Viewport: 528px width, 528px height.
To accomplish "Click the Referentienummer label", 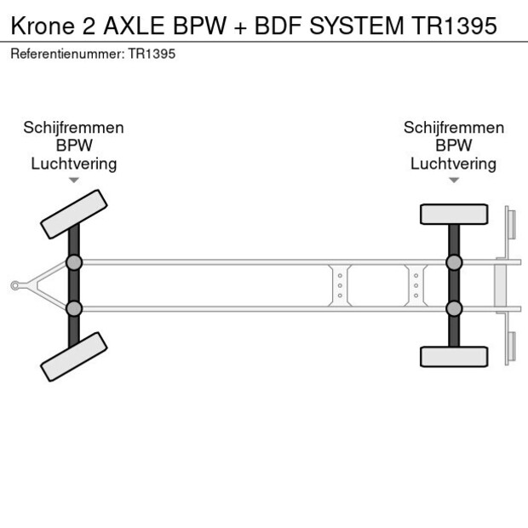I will (x=67, y=55).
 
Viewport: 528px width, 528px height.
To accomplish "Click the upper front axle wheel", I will (x=74, y=214).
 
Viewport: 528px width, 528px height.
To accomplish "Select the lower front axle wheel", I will (x=74, y=356).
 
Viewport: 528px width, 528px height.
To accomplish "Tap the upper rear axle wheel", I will (x=454, y=214).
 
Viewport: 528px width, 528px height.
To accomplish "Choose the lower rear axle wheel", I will (x=454, y=356).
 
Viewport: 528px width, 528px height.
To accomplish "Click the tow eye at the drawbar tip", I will (x=14, y=285).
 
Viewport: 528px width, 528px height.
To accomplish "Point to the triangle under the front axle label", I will (x=74, y=180).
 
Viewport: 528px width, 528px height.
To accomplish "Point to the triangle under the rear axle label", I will (x=454, y=180).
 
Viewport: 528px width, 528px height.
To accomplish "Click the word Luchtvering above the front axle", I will (x=74, y=164).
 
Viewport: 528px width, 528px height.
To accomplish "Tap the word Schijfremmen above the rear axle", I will (x=454, y=128).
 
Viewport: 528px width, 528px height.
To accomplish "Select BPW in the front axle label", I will (x=74, y=146).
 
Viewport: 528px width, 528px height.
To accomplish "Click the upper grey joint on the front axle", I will (x=74, y=262).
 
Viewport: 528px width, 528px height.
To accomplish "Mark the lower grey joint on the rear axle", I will (x=454, y=308).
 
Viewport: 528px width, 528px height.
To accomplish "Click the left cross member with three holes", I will (x=340, y=285).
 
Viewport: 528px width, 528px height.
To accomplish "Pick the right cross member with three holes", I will (x=416, y=285).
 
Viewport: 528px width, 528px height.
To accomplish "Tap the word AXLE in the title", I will (x=139, y=25).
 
